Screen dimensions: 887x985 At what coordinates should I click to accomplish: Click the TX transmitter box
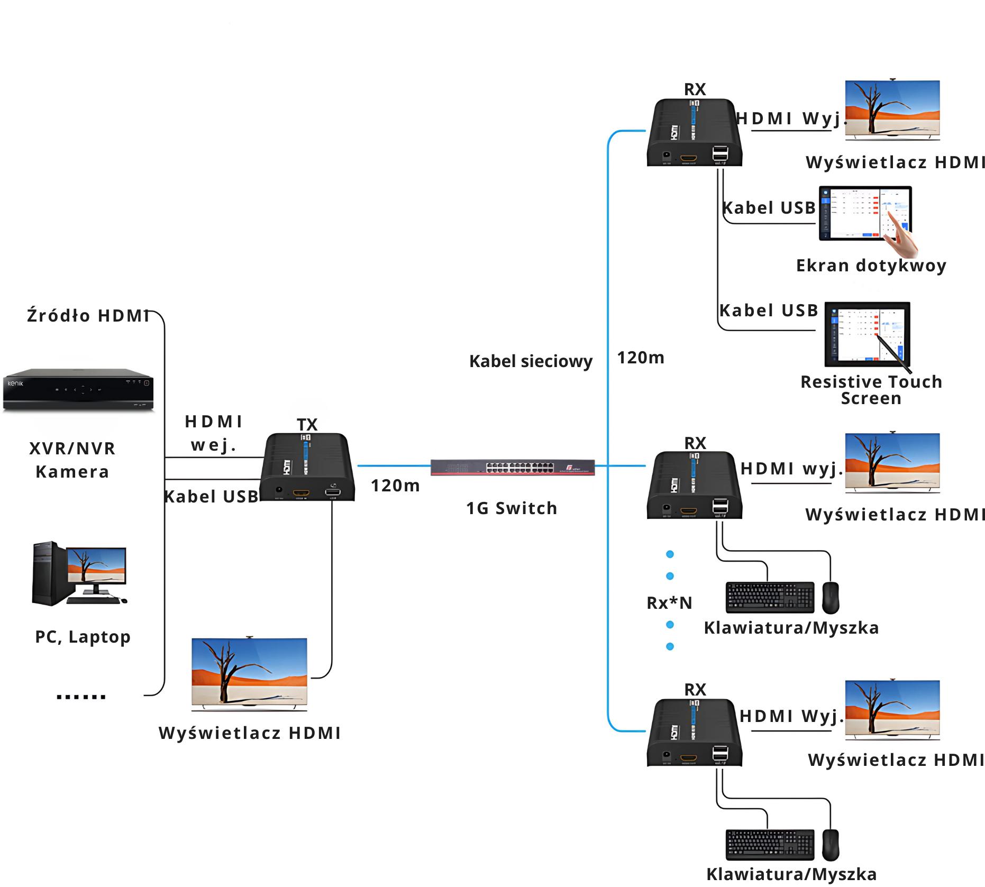(307, 468)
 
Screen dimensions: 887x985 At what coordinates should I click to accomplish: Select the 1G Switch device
(512, 468)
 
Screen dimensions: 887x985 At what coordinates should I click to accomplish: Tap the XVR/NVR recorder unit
(78, 390)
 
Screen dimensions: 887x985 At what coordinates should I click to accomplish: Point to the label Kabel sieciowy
(531, 361)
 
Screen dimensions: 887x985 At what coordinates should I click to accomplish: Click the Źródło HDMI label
(88, 316)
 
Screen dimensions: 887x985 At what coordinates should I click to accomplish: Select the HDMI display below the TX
(249, 673)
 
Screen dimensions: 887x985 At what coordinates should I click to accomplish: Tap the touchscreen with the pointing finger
(865, 214)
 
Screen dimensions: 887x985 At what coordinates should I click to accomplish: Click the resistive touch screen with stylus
(868, 334)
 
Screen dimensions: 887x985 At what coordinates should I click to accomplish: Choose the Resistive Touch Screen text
(871, 390)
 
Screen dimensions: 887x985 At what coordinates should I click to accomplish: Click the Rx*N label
(669, 603)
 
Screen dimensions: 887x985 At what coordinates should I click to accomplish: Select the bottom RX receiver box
(694, 733)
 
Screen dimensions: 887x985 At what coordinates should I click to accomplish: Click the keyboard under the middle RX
(770, 597)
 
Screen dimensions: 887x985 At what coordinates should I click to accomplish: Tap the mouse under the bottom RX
(831, 845)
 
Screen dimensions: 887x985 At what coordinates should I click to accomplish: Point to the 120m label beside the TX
(395, 486)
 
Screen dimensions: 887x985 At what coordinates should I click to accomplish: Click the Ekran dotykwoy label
(871, 266)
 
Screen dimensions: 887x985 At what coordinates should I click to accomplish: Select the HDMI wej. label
(213, 433)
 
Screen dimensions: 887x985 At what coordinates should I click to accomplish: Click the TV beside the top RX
(892, 110)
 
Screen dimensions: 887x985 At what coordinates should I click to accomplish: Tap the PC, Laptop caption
(83, 637)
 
